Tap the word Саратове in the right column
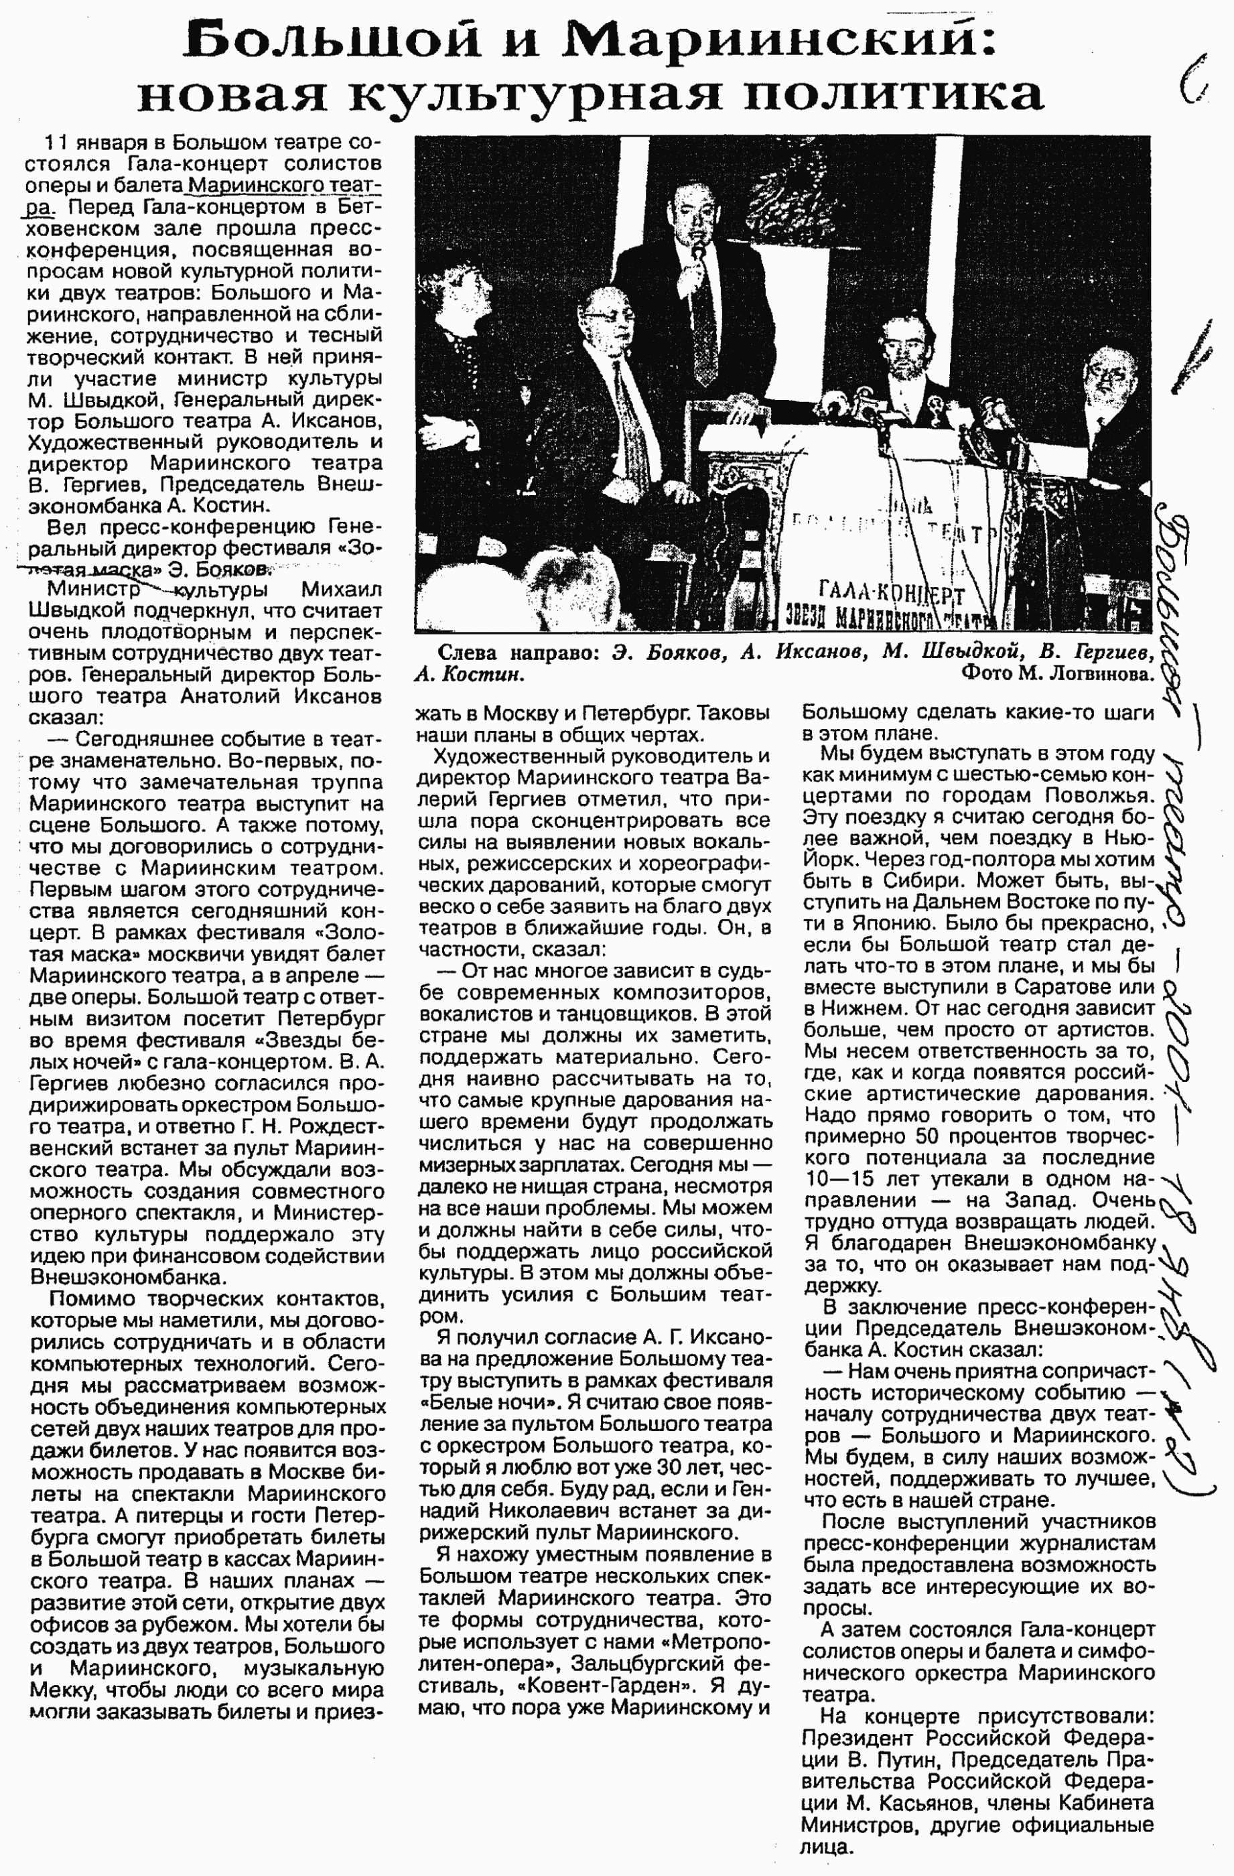[x=1056, y=987]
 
